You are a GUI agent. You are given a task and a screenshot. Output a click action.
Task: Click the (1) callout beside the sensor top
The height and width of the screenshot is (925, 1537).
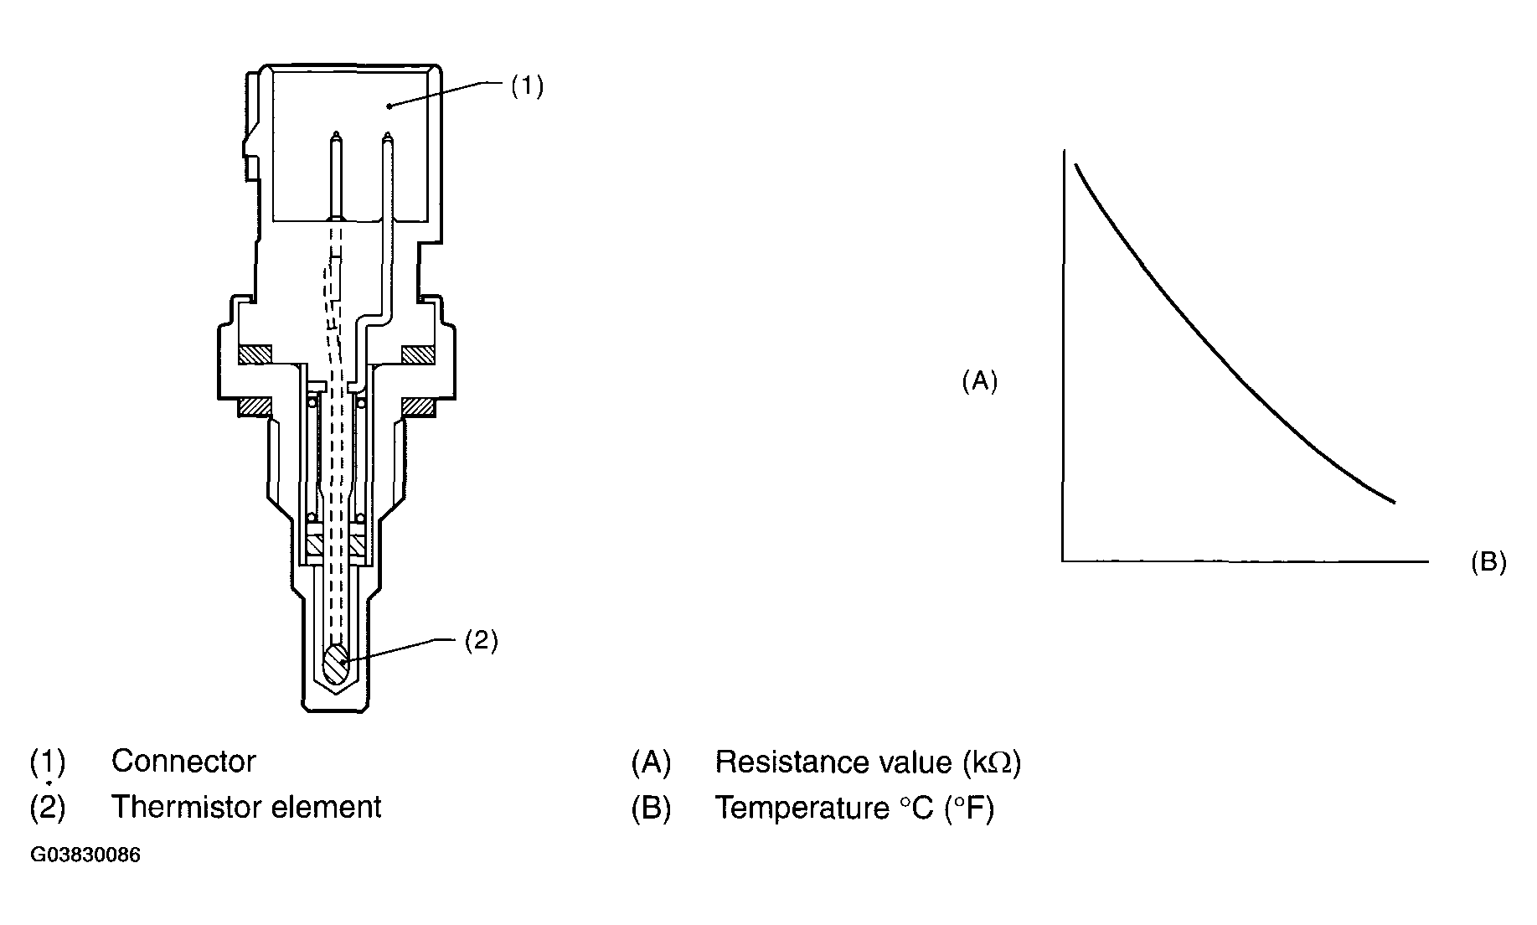tap(527, 86)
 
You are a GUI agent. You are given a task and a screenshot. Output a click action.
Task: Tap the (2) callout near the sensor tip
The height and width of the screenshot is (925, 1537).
tap(481, 641)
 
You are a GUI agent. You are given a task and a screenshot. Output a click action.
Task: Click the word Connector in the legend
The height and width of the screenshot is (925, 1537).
tap(183, 762)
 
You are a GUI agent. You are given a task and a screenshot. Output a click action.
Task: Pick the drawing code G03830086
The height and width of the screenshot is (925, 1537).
tap(85, 855)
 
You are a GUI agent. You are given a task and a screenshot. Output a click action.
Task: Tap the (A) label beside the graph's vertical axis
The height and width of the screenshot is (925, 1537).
tap(979, 381)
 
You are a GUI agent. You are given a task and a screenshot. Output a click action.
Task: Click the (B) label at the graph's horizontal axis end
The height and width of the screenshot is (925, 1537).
tap(1488, 562)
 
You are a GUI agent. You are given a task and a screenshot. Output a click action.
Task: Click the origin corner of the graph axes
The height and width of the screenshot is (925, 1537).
tap(1063, 560)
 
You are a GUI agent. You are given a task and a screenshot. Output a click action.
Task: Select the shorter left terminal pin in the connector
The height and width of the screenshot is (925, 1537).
tap(336, 176)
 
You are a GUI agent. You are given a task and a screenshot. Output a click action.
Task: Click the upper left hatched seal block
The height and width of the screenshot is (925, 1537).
tap(255, 355)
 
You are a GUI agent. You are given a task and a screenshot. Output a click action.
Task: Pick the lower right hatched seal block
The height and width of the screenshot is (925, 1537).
tap(417, 407)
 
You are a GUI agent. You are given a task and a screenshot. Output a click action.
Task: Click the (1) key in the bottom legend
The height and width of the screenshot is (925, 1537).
tap(47, 762)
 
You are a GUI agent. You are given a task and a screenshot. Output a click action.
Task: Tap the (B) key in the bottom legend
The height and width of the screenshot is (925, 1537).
tap(651, 808)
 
